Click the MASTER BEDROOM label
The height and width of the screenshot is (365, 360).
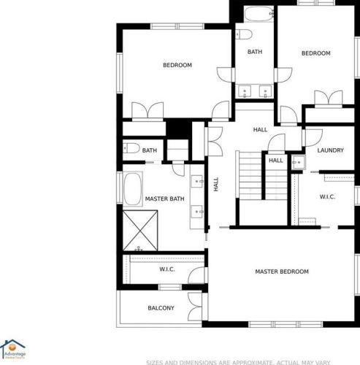pyautogui.click(x=281, y=272)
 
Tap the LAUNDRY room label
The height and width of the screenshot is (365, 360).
pyautogui.click(x=330, y=150)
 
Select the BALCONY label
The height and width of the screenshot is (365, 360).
pyautogui.click(x=161, y=308)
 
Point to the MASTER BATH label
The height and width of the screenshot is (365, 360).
pyautogui.click(x=164, y=199)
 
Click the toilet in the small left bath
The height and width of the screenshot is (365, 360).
pyautogui.click(x=131, y=149)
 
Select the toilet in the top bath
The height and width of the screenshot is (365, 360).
pyautogui.click(x=244, y=34)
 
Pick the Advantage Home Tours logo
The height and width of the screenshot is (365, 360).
pyautogui.click(x=14, y=349)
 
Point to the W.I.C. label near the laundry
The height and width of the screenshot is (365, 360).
pyautogui.click(x=327, y=196)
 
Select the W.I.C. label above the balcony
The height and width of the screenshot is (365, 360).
pyautogui.click(x=167, y=270)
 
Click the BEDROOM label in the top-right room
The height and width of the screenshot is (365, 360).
pyautogui.click(x=316, y=53)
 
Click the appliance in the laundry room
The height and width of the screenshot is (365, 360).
pyautogui.click(x=298, y=161)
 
